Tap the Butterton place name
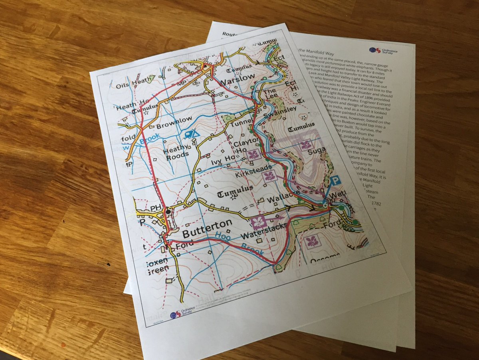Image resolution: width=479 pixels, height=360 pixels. click(x=207, y=227)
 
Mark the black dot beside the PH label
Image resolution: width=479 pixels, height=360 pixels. click(x=168, y=211)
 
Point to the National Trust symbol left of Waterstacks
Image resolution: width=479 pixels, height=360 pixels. click(x=259, y=221)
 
